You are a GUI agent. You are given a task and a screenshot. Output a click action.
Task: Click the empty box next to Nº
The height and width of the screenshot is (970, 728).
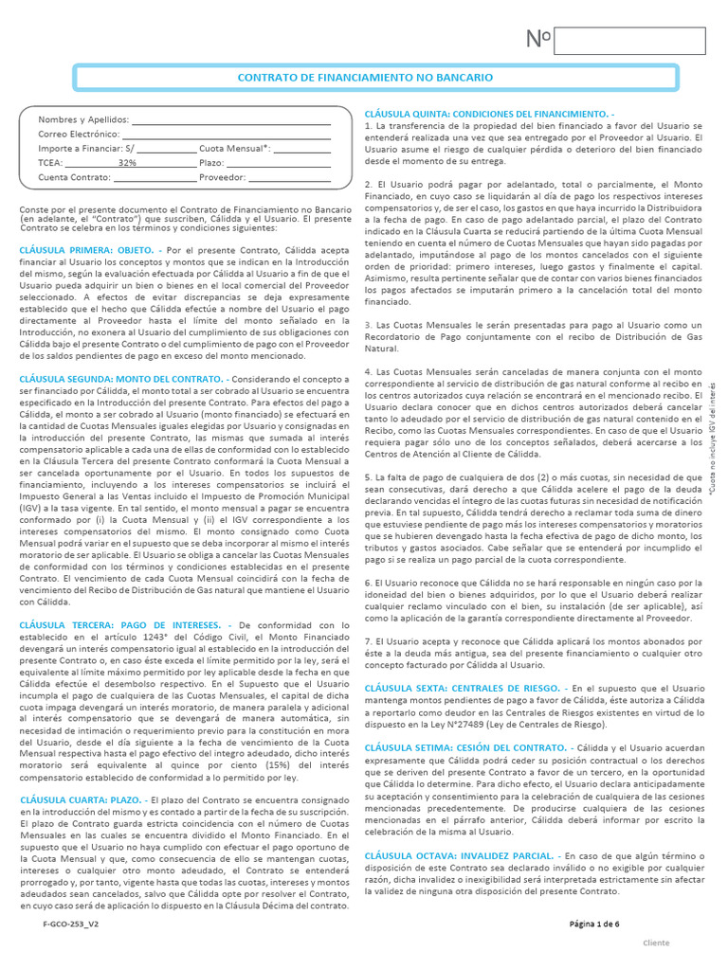point(628,41)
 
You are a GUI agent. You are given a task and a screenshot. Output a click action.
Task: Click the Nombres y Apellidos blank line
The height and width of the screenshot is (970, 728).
point(230,120)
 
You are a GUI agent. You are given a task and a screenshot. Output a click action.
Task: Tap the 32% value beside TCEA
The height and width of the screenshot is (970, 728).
point(127,163)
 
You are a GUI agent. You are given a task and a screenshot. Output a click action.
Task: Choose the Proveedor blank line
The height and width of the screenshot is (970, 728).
point(289,177)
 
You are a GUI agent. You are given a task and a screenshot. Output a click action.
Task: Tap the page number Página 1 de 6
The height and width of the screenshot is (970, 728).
point(594,923)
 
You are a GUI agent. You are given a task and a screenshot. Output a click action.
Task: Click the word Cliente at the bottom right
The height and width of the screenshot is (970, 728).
point(656,943)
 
